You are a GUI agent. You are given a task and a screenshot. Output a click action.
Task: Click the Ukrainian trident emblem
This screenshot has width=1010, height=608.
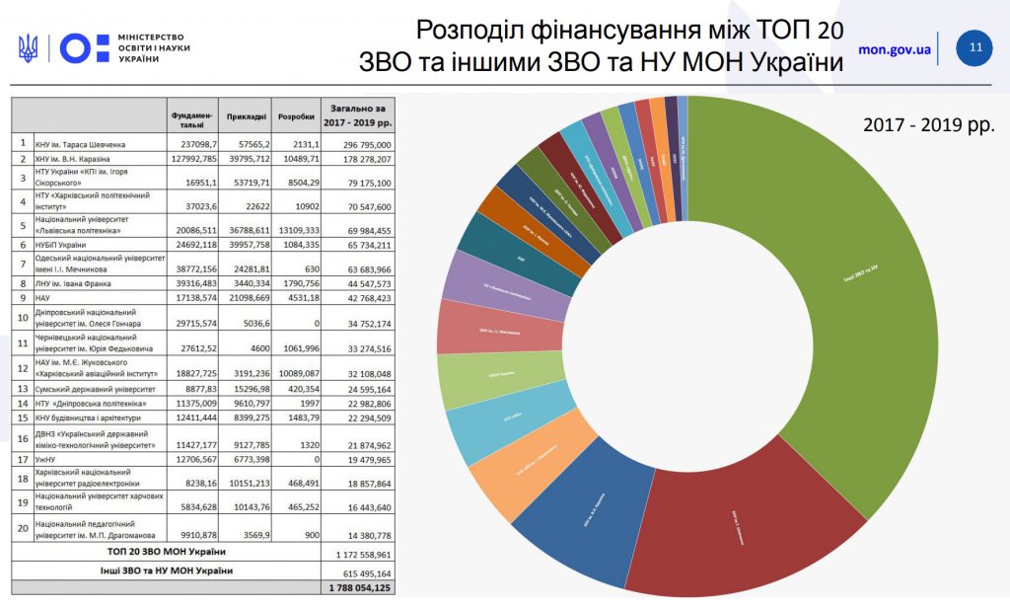pos(28,47)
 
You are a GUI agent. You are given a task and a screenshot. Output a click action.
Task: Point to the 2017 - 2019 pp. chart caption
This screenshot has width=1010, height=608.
pos(928,126)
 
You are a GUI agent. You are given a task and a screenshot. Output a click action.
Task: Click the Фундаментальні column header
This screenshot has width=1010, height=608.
pos(190,119)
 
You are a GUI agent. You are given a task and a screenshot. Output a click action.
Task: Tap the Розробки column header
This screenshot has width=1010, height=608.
pos(296,116)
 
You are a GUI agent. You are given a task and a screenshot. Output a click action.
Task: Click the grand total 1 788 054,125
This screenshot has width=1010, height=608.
pos(360,588)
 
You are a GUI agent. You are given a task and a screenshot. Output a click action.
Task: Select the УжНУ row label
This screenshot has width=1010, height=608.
pos(46,460)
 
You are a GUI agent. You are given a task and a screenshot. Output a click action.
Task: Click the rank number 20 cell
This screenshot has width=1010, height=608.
pos(22,528)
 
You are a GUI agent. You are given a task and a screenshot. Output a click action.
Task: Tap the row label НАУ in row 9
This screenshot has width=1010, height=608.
pos(43,296)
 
